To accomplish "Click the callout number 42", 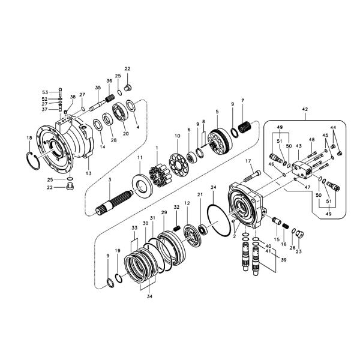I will pos(305,109).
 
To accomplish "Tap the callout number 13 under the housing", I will pos(88,173).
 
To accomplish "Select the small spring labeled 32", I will pos(177,227).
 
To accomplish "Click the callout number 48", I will pos(311,140).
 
